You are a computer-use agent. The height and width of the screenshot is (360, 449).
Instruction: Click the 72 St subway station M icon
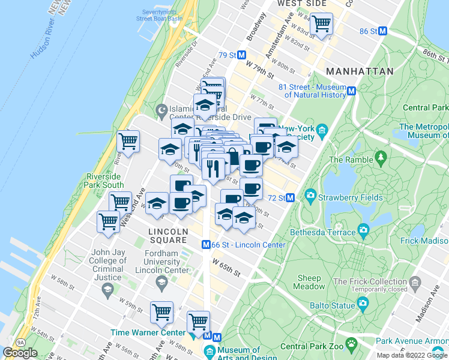click(290, 197)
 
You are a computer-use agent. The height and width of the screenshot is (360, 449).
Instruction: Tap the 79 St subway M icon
click(242, 55)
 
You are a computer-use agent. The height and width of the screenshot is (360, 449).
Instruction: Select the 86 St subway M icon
click(383, 31)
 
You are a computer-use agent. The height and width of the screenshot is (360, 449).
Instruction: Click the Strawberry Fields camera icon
click(310, 195)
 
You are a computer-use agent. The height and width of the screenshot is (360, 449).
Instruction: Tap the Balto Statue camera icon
click(363, 305)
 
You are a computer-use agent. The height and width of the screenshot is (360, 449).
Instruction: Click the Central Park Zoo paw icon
click(352, 344)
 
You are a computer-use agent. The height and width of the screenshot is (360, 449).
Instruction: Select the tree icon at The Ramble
click(380, 158)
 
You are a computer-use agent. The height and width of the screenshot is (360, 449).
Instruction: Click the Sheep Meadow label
click(309, 282)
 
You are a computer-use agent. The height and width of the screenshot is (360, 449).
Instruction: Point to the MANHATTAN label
click(360, 71)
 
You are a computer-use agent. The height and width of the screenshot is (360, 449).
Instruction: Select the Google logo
click(20, 353)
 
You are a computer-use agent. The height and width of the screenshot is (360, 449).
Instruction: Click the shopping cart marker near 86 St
click(322, 24)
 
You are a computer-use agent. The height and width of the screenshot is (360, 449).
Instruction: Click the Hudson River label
click(46, 45)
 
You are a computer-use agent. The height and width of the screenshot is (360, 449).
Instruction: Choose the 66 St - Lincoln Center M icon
click(205, 245)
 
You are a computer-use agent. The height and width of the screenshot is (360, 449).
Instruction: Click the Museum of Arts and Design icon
click(209, 350)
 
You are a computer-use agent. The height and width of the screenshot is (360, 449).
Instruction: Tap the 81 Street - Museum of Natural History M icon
click(352, 91)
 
